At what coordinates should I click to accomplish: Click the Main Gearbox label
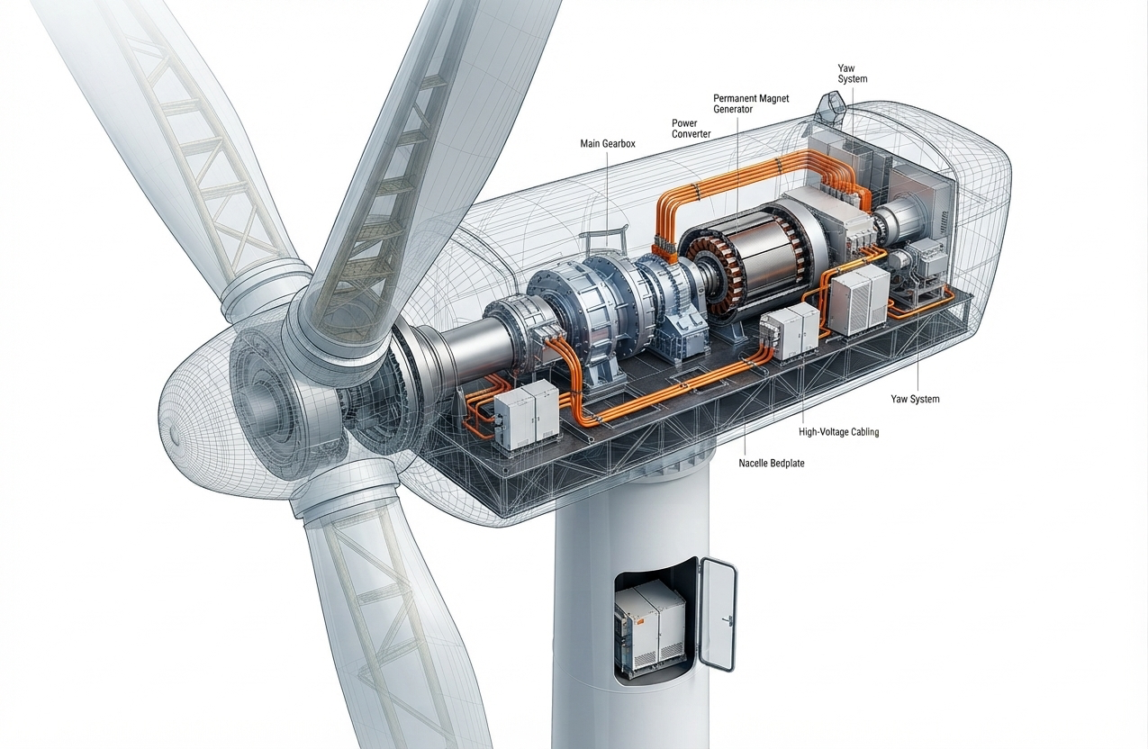click(x=607, y=144)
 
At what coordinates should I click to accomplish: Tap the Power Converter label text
click(x=691, y=129)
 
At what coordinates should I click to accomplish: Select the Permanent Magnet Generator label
click(x=751, y=104)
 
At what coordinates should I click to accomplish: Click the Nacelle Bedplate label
click(x=772, y=463)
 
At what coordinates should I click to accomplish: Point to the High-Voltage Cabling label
click(x=838, y=432)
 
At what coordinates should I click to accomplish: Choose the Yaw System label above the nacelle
click(x=852, y=73)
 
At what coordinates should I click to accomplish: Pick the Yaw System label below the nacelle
click(x=915, y=399)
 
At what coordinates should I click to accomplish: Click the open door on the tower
click(x=718, y=614)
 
